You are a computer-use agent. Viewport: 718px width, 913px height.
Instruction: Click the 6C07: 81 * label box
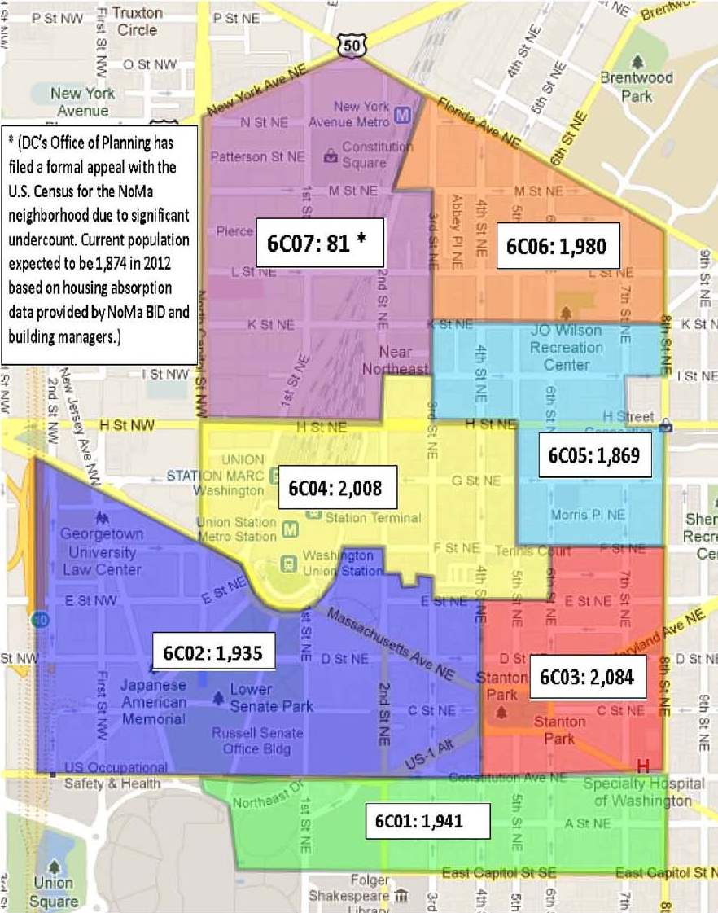coord(319,242)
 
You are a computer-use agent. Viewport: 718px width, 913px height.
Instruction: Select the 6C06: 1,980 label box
coord(558,245)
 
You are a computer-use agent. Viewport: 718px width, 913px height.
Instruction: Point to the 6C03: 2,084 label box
coord(587,675)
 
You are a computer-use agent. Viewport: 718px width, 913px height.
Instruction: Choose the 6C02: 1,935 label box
coord(212,653)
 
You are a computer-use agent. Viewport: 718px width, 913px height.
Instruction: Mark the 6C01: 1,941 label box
coord(427,820)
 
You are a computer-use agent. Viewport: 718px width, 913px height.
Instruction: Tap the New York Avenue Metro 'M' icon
coord(401,115)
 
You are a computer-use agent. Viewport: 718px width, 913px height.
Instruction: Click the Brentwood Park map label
coord(637,86)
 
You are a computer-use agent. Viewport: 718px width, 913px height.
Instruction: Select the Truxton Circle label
coord(137,21)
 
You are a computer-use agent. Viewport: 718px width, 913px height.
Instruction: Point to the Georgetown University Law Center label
coord(103,551)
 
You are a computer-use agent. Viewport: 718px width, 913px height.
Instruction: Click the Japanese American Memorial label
coord(154,702)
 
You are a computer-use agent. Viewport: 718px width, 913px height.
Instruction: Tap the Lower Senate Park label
coord(261,698)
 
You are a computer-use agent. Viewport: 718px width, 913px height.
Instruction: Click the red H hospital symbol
coord(642,766)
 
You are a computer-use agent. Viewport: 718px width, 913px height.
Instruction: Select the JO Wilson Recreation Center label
coord(567,347)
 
